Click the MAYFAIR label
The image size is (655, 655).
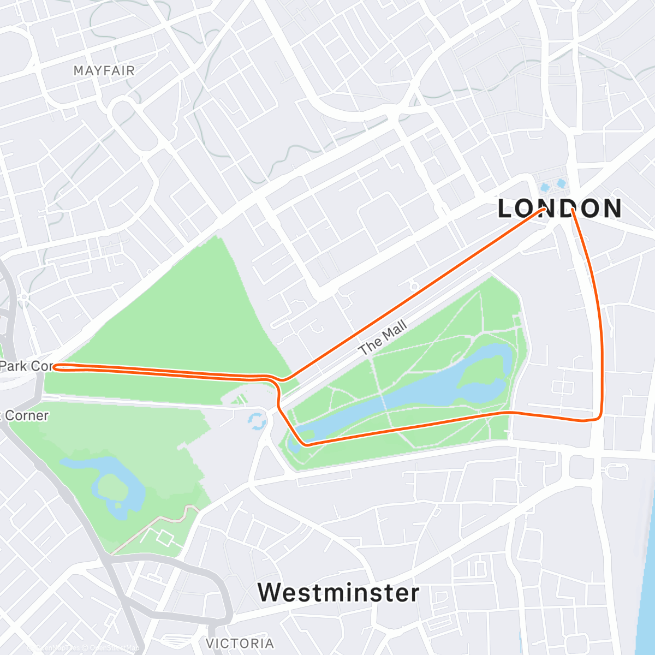[x=104, y=70]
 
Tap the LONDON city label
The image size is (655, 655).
[x=560, y=209]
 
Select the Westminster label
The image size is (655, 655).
[x=338, y=592]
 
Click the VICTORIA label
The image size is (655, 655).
[x=240, y=643]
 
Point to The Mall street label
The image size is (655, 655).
[x=383, y=338]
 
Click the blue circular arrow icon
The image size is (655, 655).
[x=255, y=421]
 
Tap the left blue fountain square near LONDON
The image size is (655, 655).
[x=545, y=187]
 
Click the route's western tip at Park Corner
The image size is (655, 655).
[x=55, y=366]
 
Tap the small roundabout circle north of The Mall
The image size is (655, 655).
[x=414, y=286]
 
